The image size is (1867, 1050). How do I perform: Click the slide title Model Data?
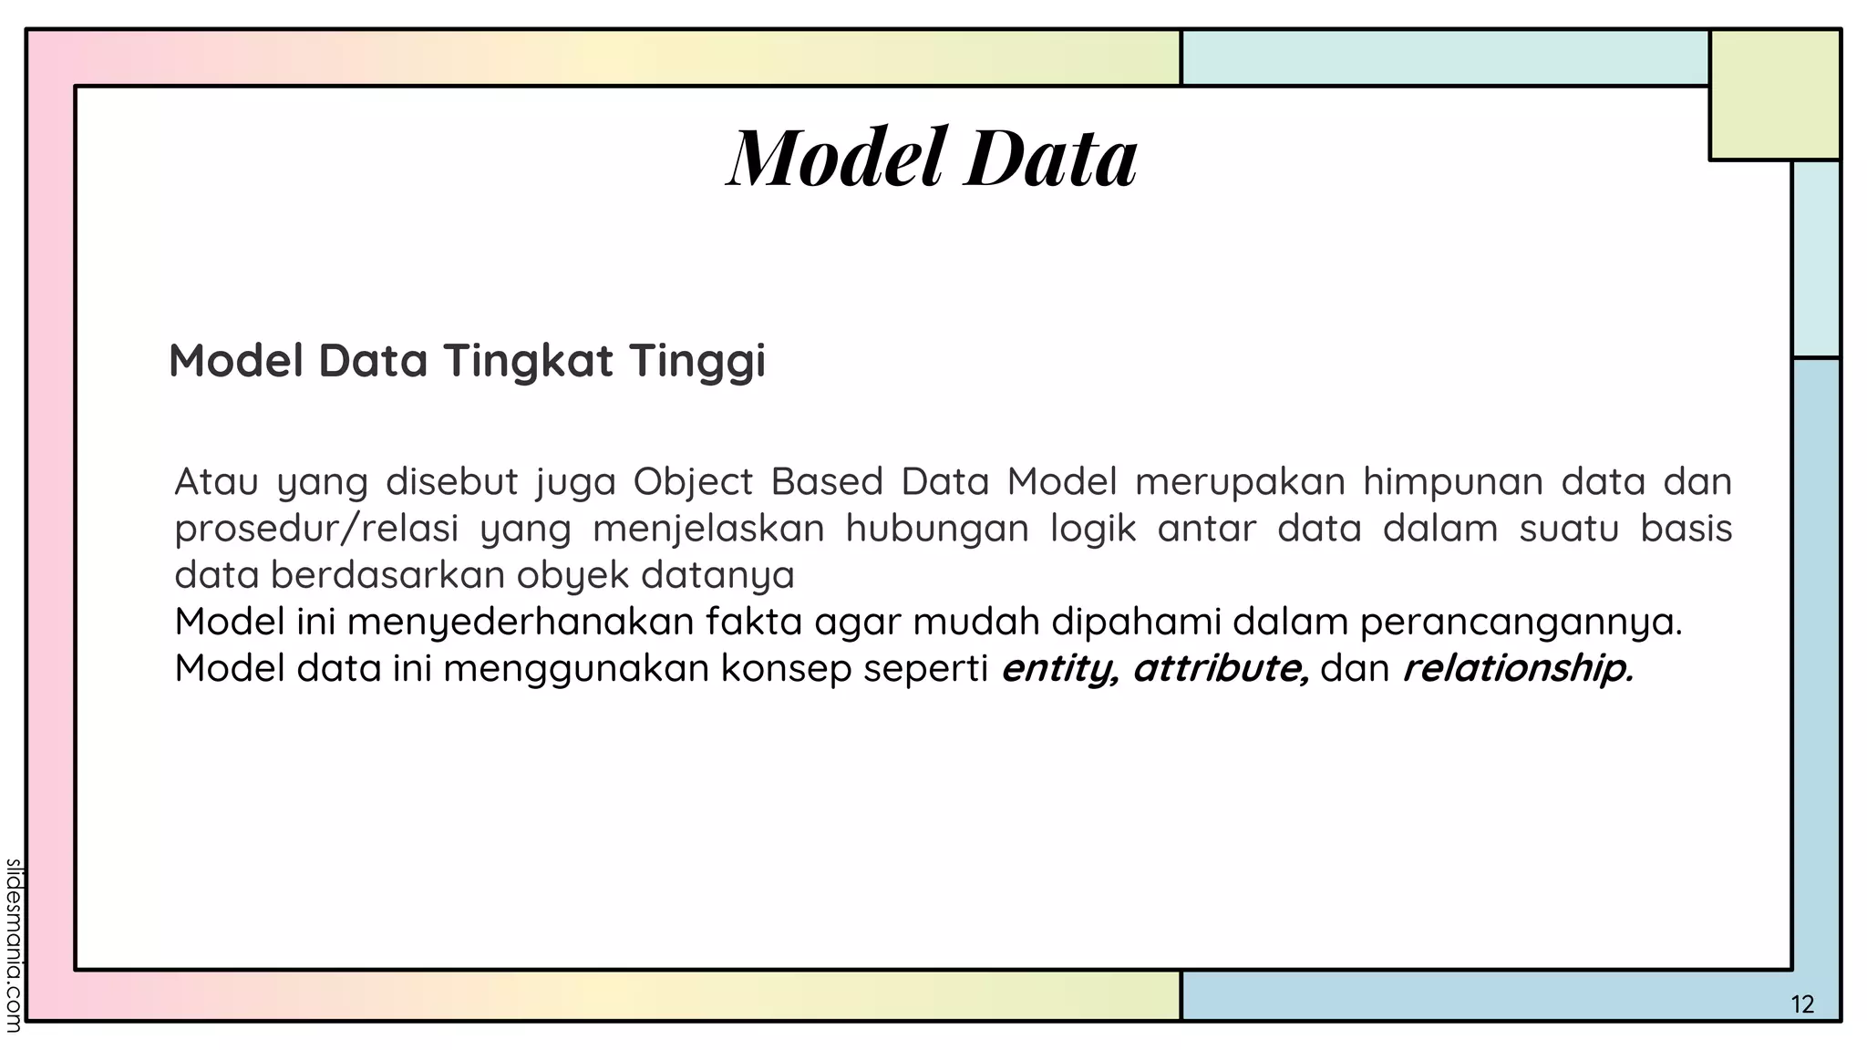point(932,158)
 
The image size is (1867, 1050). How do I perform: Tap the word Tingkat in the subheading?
point(528,360)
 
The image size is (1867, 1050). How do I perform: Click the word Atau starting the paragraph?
point(216,481)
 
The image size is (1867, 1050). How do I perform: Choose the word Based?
point(827,481)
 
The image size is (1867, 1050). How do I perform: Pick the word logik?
point(1093,530)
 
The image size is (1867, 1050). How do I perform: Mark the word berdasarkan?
point(387,575)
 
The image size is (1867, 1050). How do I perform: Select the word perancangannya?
point(1520,623)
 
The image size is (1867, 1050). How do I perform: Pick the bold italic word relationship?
point(1517,669)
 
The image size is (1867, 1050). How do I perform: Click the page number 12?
point(1802,1004)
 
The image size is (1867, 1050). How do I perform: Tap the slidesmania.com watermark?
point(13,945)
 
